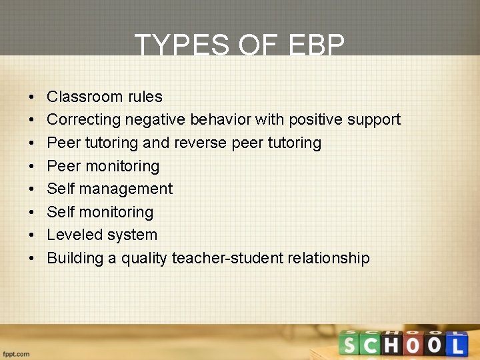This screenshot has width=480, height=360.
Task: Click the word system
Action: click(x=137, y=235)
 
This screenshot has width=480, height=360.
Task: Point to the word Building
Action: click(x=75, y=258)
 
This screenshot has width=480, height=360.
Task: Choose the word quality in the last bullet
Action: click(x=144, y=258)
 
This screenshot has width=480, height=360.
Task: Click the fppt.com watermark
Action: click(x=15, y=354)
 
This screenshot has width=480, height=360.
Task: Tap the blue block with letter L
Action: click(x=456, y=345)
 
